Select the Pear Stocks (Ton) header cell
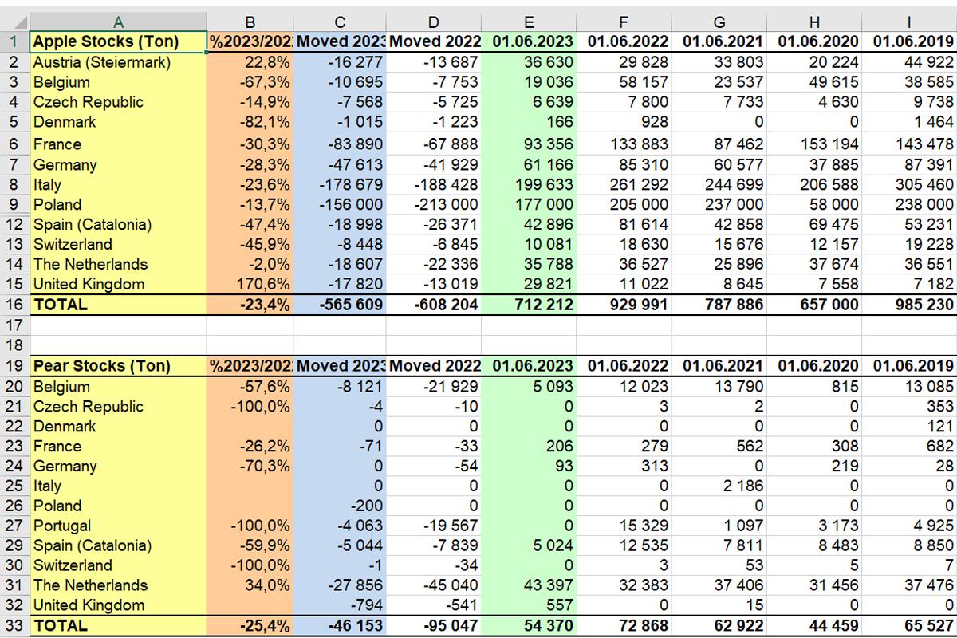tap(101, 366)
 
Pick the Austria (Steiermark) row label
tap(102, 62)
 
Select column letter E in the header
tap(530, 22)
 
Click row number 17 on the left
tap(14, 325)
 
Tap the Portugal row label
tap(62, 526)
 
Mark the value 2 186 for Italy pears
tap(741, 486)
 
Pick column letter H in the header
tap(813, 22)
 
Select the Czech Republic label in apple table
tap(88, 102)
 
